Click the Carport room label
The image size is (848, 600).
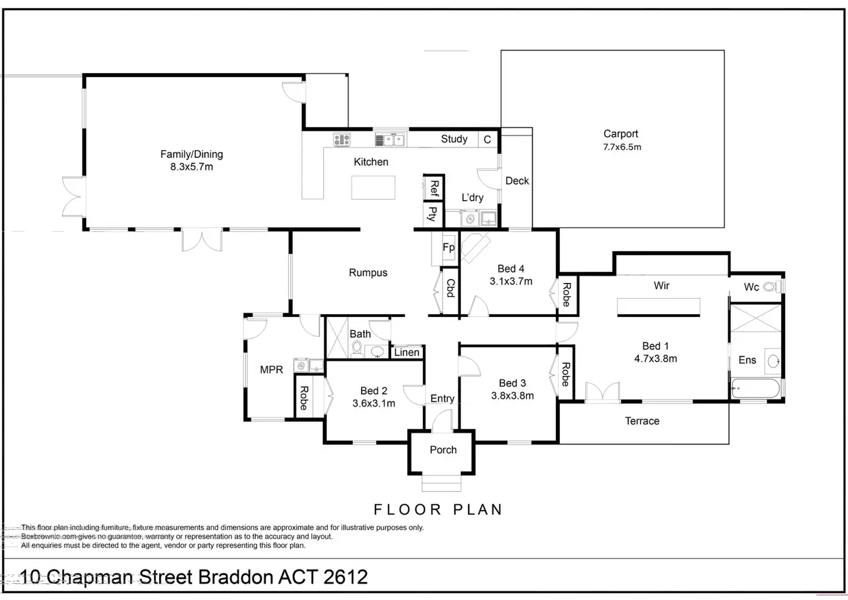coord(620,134)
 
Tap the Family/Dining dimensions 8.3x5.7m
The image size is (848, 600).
coord(191,167)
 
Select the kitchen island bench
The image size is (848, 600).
coord(373,187)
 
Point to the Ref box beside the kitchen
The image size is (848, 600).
coord(434,188)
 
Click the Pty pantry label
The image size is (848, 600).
coord(433,214)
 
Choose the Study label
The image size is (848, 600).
coord(454,139)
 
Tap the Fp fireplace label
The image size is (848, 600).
coord(448,248)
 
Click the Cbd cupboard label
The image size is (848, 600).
coord(450,288)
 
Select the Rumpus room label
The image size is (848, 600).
coord(368,273)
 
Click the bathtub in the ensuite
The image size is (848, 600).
coord(756,389)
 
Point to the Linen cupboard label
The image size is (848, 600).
coord(407,352)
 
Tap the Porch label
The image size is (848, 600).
coord(443,450)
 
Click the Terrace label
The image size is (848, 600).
coord(642,421)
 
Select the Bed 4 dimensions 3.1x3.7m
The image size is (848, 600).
coord(511,281)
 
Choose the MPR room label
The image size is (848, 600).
coord(271,369)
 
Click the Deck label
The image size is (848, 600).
coord(517,181)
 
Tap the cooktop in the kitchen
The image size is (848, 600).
coord(342,139)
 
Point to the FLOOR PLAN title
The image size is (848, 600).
coord(438,510)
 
